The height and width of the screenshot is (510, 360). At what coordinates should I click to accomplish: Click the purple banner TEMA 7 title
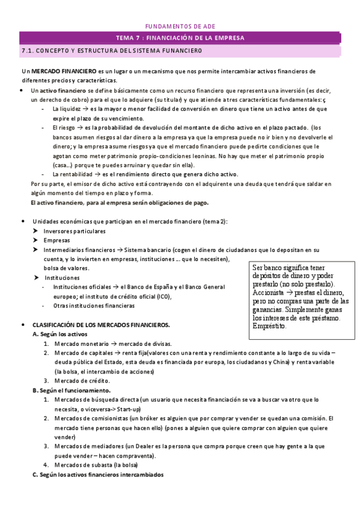[180, 38]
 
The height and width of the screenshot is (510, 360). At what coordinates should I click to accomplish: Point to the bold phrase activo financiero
[55, 90]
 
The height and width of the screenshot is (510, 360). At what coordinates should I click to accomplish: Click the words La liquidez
[66, 109]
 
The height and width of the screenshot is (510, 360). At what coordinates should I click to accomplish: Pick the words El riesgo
[64, 127]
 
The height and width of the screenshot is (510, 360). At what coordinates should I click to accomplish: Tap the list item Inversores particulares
[75, 231]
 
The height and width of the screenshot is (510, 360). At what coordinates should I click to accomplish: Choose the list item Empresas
[57, 240]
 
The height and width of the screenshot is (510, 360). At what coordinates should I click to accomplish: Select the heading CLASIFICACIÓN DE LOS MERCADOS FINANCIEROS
[101, 325]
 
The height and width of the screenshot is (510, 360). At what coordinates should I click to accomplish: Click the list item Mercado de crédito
[82, 381]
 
